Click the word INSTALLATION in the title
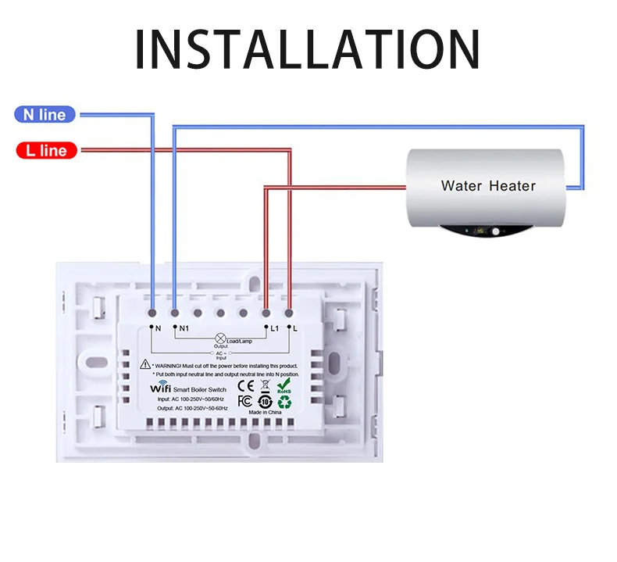(x=308, y=49)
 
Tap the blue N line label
(x=45, y=115)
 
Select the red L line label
(x=46, y=150)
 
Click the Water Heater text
(x=488, y=186)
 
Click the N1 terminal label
(x=184, y=328)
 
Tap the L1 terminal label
(x=275, y=328)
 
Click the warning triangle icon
(x=145, y=364)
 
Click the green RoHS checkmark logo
(x=285, y=385)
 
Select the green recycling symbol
(x=284, y=403)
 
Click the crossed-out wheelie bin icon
(x=265, y=385)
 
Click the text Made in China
(x=264, y=412)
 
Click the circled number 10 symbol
(x=264, y=401)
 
